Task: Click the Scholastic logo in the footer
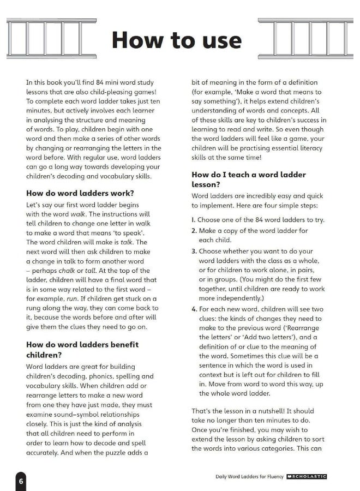[x=307, y=476]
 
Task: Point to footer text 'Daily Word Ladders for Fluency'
[x=250, y=476]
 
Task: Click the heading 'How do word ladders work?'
[x=80, y=193]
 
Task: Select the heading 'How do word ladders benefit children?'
[x=82, y=349]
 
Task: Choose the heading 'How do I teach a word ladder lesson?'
[x=249, y=179]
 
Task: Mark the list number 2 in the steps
[x=194, y=231]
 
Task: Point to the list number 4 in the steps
[x=194, y=309]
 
